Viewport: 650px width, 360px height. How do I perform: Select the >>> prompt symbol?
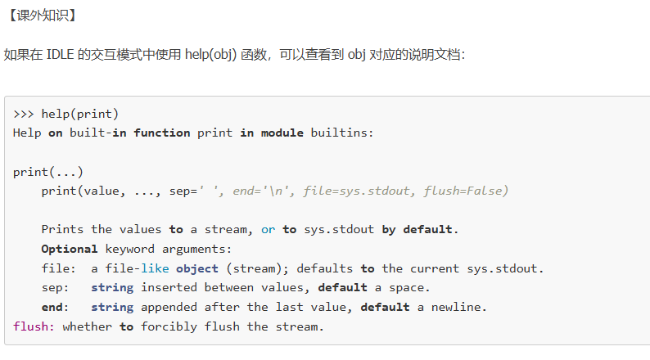point(24,114)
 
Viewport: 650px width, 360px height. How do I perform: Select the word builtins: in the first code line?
point(342,133)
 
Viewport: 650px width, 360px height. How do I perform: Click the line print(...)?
point(48,172)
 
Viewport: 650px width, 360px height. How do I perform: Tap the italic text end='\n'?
point(264,191)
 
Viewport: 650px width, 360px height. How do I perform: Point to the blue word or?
point(269,230)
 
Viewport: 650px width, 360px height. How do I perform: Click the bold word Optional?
point(70,249)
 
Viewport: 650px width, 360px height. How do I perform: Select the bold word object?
point(196,268)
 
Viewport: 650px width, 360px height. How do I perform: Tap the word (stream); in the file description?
point(257,268)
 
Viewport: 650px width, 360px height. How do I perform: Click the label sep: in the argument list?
point(55,288)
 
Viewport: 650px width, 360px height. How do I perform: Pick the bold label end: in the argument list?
point(55,308)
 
